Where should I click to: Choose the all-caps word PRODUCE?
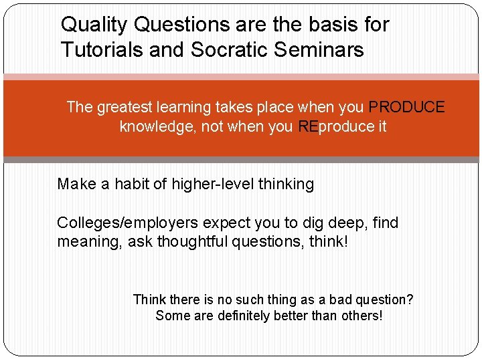point(406,107)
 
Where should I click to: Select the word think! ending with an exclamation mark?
point(329,241)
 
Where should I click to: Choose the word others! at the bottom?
point(360,316)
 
